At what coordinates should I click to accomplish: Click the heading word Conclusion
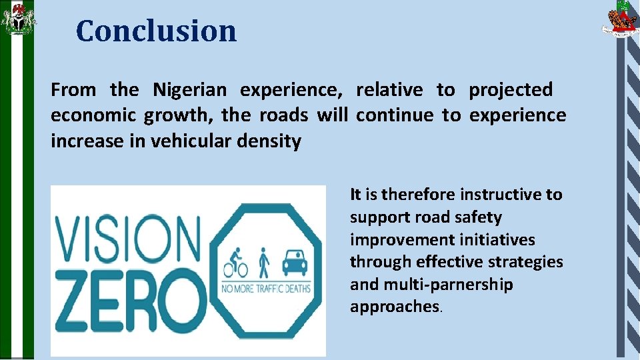tap(156, 31)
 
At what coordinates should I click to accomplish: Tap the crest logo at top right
tap(619, 19)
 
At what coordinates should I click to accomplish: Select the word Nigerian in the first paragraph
tap(190, 90)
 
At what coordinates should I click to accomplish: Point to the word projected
tap(511, 90)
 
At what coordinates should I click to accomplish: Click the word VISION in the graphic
tap(127, 239)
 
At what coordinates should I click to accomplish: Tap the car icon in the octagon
tap(294, 263)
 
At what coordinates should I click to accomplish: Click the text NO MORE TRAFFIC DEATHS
tap(265, 289)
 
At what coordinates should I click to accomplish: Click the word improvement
tap(395, 240)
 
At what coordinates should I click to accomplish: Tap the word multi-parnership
tap(446, 285)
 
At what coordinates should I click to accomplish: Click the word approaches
tap(394, 307)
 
